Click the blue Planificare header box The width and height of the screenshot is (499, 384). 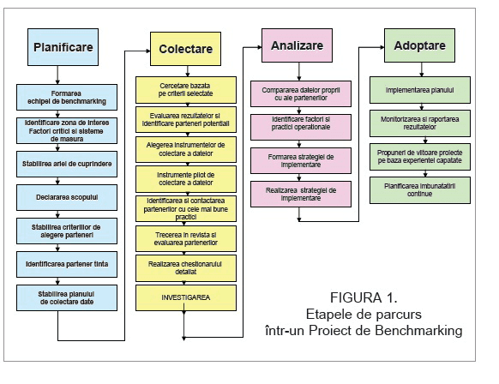[63, 47]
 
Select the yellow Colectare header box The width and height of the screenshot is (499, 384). [185, 49]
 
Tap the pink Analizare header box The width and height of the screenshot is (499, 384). [297, 45]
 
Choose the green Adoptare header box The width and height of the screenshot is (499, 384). [419, 45]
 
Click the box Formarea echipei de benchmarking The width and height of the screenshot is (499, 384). [67, 98]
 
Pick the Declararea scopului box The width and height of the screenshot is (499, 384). [67, 197]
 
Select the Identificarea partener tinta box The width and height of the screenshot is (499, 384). [67, 264]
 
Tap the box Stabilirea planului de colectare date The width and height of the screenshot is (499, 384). [67, 297]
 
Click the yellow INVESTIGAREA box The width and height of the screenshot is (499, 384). [186, 297]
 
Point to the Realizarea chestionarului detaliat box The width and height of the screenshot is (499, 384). [186, 268]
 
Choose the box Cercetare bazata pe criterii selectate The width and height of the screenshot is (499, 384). [186, 90]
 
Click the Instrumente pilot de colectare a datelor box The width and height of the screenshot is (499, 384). [186, 179]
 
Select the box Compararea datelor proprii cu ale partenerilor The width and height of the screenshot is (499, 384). [301, 93]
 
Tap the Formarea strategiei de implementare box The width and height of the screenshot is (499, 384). [301, 160]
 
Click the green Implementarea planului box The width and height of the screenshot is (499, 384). [420, 90]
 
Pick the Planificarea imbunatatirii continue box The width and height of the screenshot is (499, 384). [420, 190]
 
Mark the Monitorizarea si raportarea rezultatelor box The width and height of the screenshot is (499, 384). [420, 123]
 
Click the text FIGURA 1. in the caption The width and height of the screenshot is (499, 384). [364, 297]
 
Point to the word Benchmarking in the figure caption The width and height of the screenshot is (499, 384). [418, 331]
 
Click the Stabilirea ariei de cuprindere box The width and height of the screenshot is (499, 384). [67, 165]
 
